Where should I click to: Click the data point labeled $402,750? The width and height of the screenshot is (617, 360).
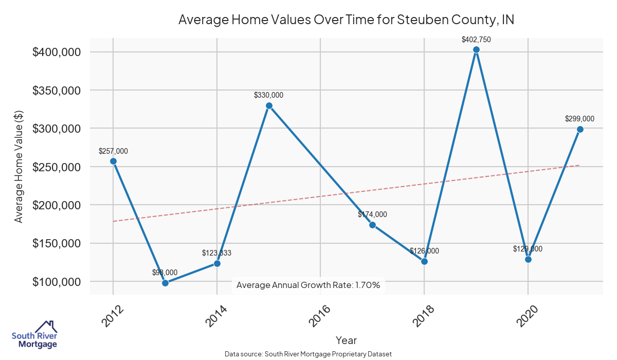click(x=476, y=50)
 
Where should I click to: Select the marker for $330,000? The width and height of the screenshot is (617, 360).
click(x=269, y=105)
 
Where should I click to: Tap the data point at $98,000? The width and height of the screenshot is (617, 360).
click(x=165, y=283)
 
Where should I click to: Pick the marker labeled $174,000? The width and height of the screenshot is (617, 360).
click(x=372, y=225)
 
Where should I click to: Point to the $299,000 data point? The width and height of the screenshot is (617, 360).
click(x=580, y=129)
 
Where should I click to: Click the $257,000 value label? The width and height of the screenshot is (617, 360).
click(x=113, y=151)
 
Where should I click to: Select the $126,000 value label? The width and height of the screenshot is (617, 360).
click(x=424, y=251)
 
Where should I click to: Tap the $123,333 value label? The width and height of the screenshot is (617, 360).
click(x=217, y=253)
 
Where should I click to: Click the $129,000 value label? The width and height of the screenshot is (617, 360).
click(x=528, y=249)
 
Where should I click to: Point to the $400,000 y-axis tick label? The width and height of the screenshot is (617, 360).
click(x=56, y=52)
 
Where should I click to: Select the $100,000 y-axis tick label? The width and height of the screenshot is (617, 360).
click(x=56, y=282)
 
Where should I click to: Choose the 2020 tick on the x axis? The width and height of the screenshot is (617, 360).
click(x=528, y=316)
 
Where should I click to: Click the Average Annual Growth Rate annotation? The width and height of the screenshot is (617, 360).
click(x=308, y=285)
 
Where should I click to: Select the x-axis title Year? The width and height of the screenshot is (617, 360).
click(x=346, y=340)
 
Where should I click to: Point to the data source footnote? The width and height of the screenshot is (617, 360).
click(x=308, y=354)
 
